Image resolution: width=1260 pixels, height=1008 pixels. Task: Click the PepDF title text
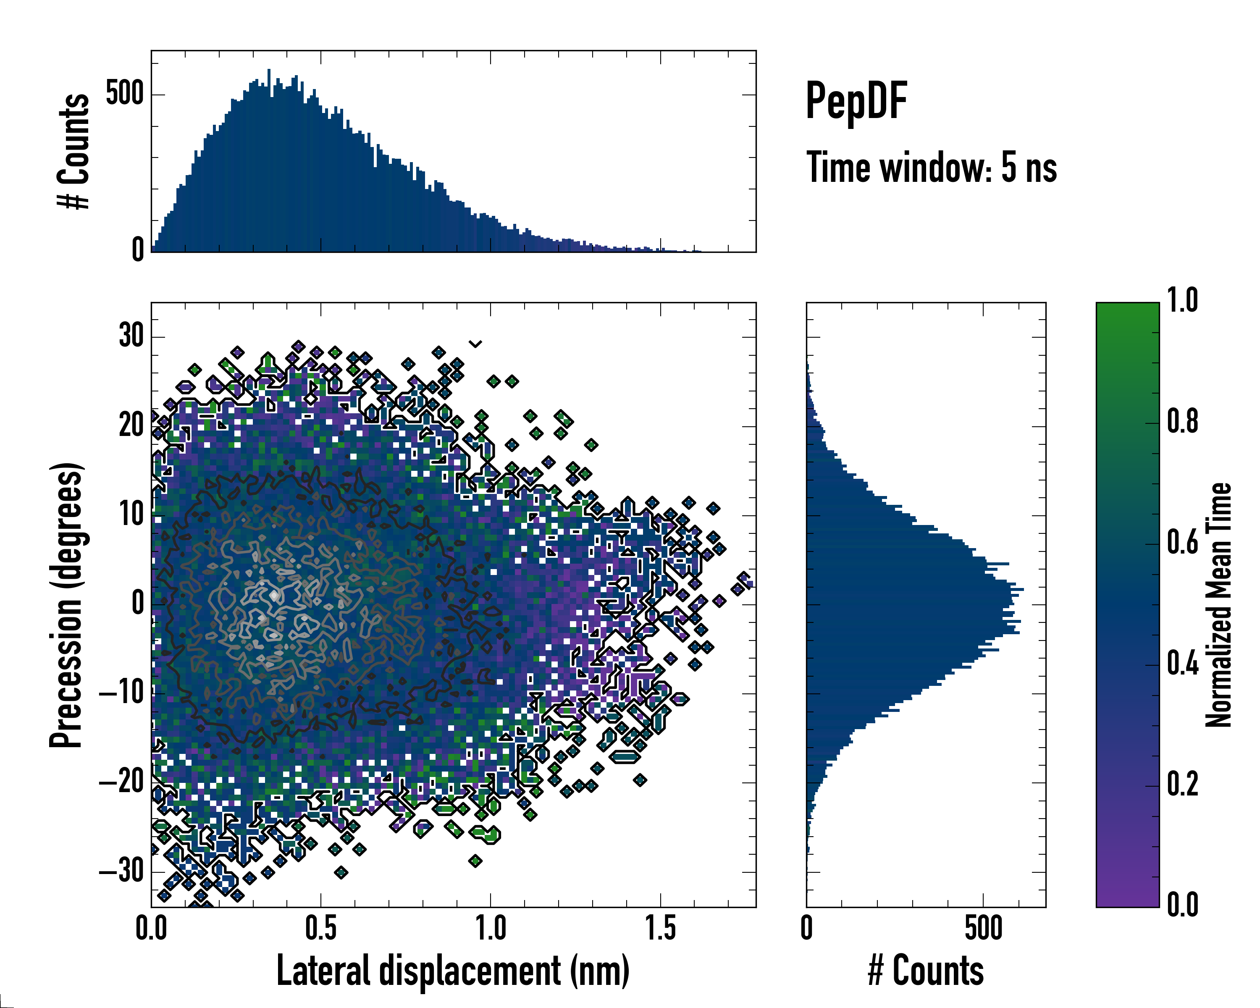(856, 101)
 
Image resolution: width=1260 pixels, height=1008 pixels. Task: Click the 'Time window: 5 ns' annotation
(932, 168)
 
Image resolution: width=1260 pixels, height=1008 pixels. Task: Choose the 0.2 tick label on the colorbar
(1182, 784)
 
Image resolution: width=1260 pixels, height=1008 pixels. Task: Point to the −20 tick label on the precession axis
(121, 782)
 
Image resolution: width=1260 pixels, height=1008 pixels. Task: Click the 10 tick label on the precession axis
(131, 515)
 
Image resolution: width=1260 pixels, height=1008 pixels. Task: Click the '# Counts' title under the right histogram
(926, 971)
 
